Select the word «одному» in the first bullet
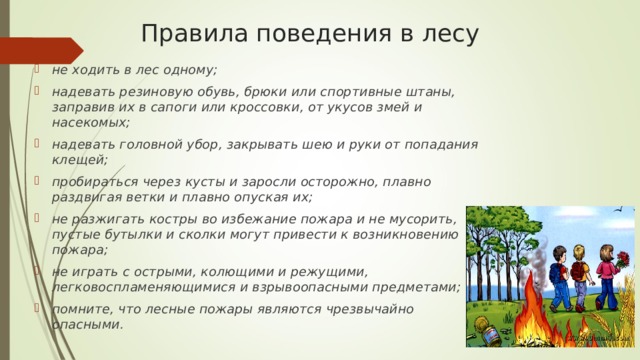point(185,69)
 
